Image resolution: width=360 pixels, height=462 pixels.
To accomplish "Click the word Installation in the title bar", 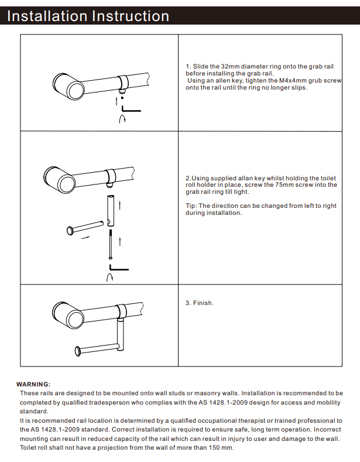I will [46, 16].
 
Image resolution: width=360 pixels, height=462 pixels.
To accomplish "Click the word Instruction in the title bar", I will [130, 16].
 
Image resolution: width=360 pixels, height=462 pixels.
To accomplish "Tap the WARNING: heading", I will [33, 384].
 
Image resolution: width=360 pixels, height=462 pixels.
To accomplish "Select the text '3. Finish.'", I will [200, 303].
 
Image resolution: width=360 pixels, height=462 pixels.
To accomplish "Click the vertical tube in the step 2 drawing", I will [110, 211].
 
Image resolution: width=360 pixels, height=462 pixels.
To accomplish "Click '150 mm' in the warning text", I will [220, 448].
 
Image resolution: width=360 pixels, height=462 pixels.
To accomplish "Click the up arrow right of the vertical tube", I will [119, 204].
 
